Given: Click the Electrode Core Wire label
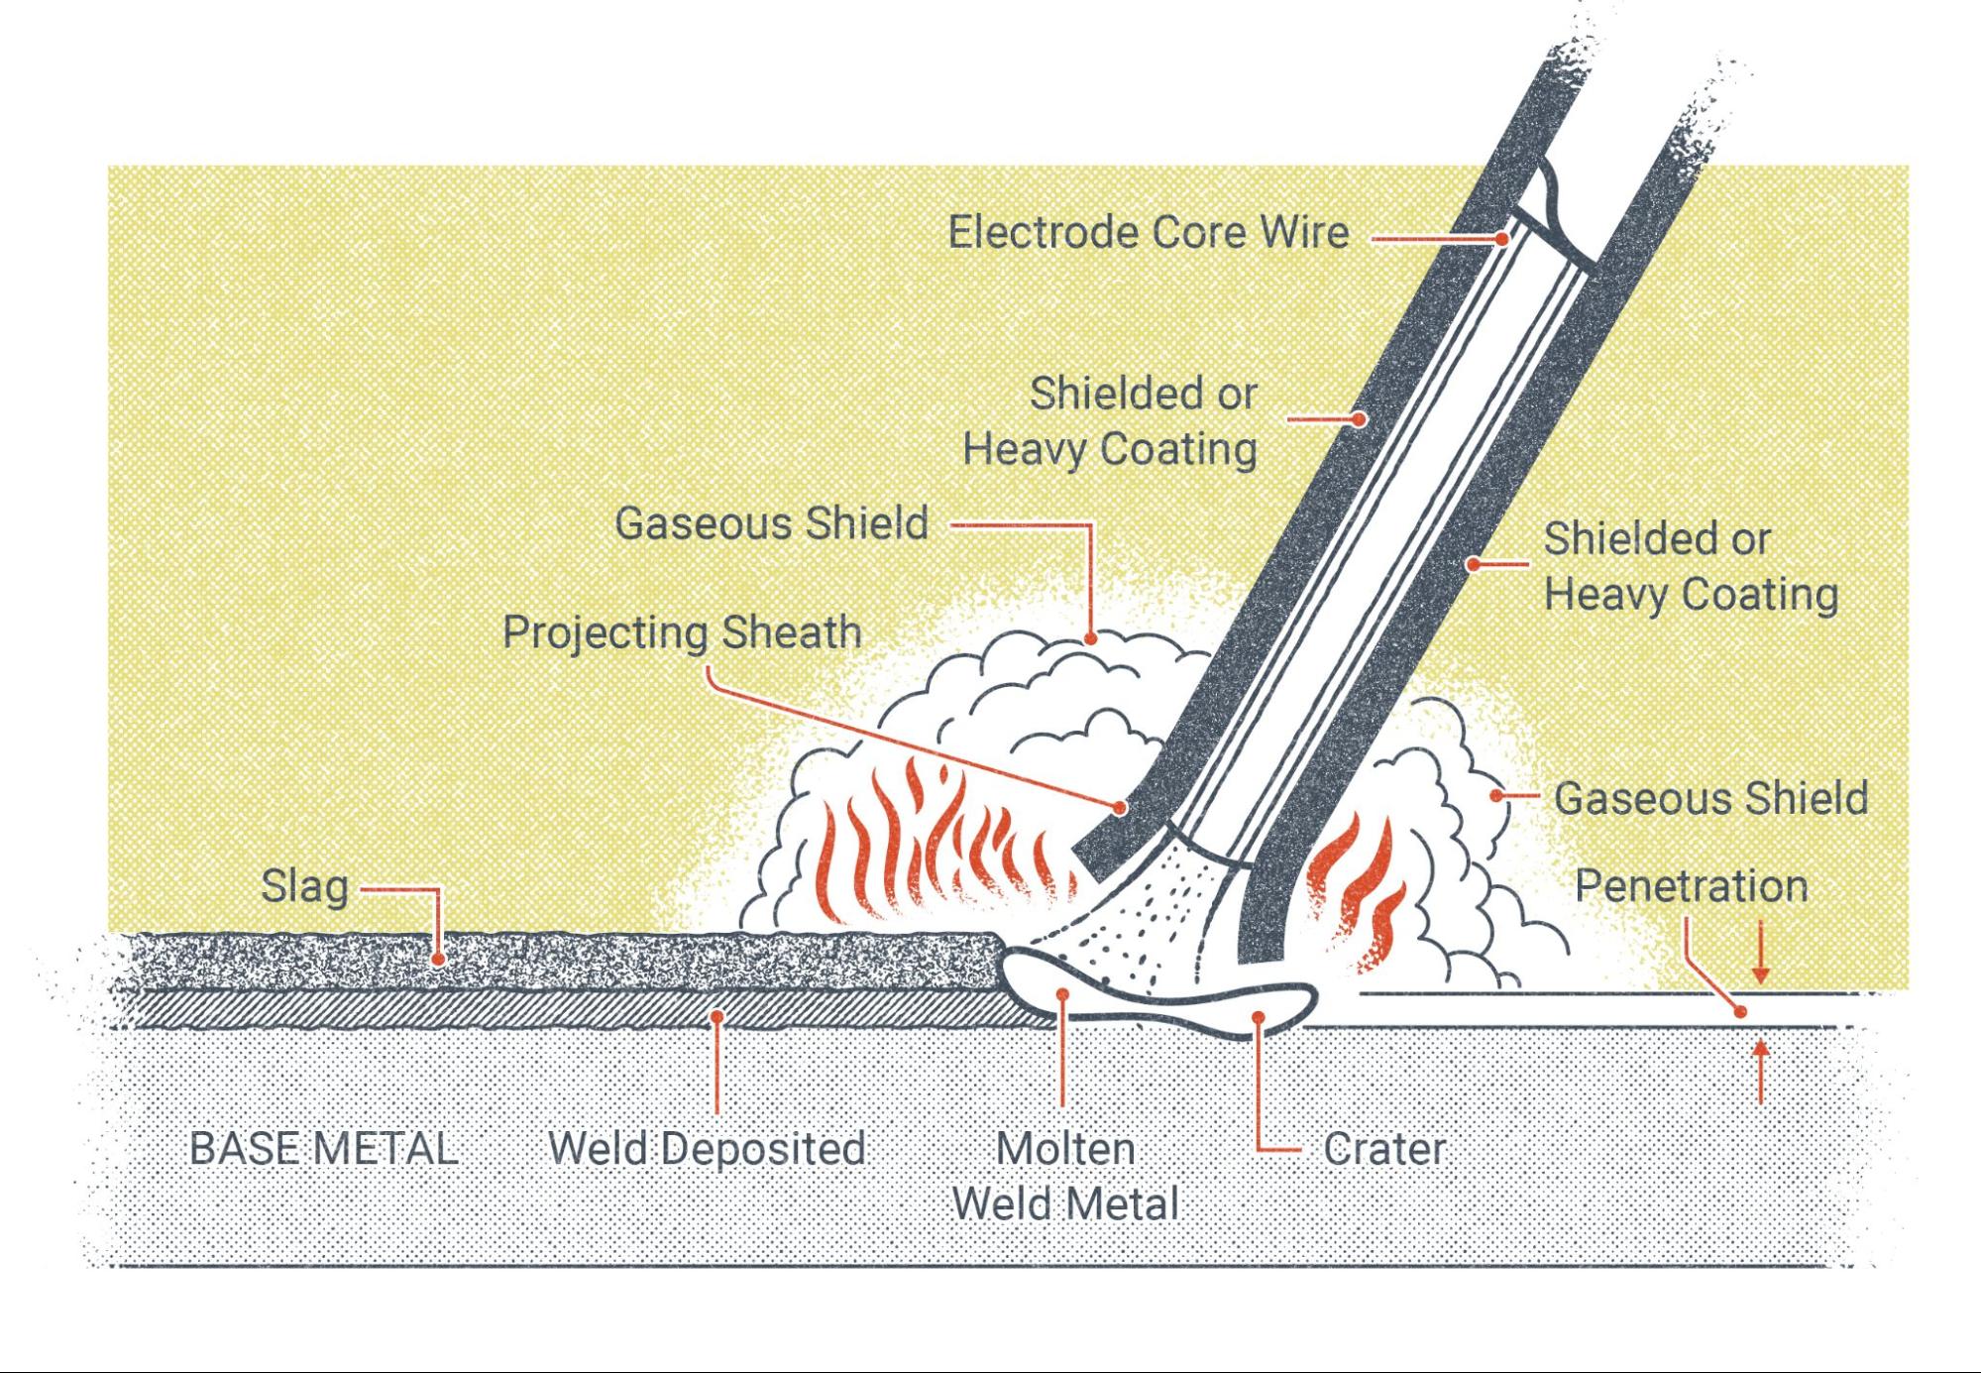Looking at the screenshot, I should tap(1148, 233).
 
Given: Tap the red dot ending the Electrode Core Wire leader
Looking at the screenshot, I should tap(1502, 239).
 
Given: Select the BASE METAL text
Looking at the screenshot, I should tap(323, 1149).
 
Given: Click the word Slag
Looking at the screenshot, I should tap(304, 886).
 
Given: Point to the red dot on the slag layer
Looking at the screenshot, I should tap(438, 960).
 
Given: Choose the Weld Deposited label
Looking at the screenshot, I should tap(707, 1149).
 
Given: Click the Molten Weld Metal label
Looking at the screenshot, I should tap(1065, 1177).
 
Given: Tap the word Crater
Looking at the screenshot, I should tap(1384, 1150).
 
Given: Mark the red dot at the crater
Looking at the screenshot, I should tap(1258, 1017).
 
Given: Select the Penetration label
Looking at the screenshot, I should tap(1691, 886).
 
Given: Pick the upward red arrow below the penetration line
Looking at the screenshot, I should tap(1760, 1071).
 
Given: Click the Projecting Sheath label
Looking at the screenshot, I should tap(682, 632).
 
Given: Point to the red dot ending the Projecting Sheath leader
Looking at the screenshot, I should tap(1120, 808).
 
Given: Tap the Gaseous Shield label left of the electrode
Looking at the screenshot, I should tap(771, 523).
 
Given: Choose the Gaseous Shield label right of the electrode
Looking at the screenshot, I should tap(1710, 798).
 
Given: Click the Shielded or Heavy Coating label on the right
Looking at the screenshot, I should tap(1691, 567).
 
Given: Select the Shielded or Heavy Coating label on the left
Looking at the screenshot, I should tap(1110, 421).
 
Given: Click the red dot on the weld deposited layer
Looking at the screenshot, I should tap(716, 1016).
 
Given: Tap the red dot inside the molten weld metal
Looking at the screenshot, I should tap(1062, 993).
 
